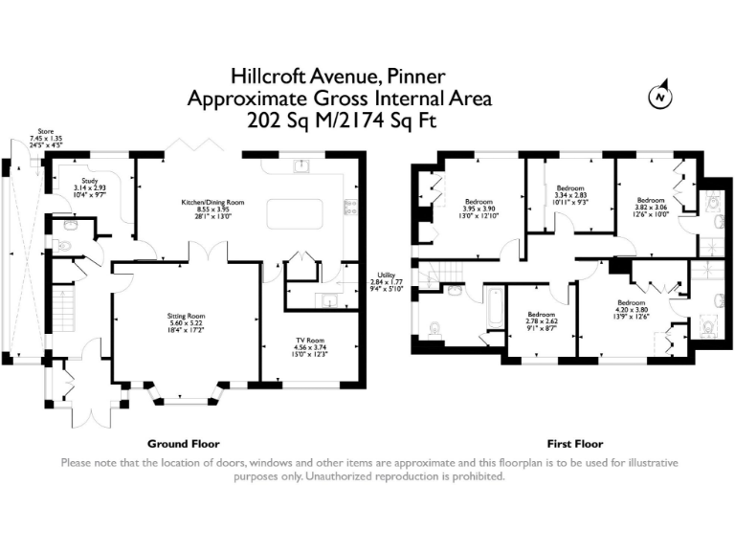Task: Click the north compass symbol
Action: pyautogui.click(x=658, y=97)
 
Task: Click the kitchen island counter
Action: pyautogui.click(x=295, y=213)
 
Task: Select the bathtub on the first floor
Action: pyautogui.click(x=495, y=311)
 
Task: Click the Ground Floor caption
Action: pyautogui.click(x=183, y=444)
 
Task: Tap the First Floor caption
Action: pyautogui.click(x=574, y=444)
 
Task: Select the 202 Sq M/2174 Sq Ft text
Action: pyautogui.click(x=341, y=121)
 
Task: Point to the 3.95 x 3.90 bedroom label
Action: pyautogui.click(x=479, y=208)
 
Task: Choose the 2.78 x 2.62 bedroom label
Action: pyautogui.click(x=541, y=321)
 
